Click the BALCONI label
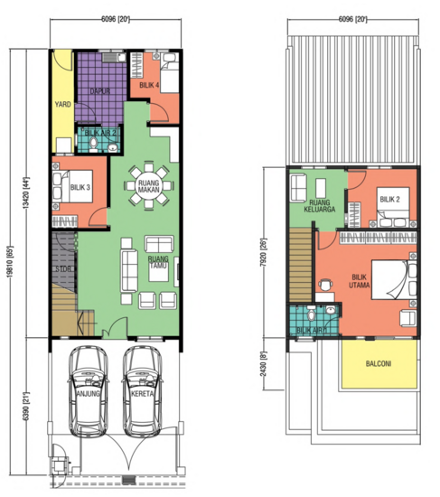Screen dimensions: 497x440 (x=379, y=365)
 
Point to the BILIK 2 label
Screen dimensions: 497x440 (x=389, y=199)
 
